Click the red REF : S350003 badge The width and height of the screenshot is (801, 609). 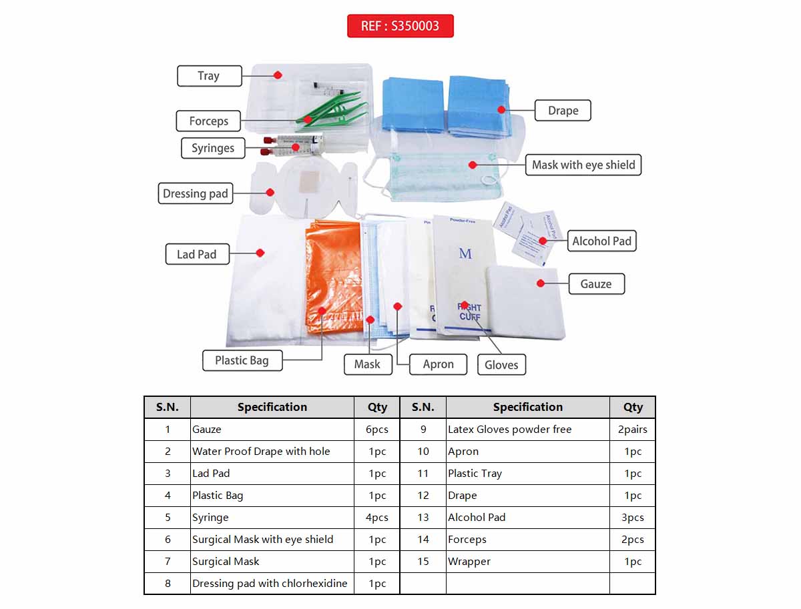tap(400, 26)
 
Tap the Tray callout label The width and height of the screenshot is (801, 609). tap(208, 76)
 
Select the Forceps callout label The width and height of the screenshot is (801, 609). tap(208, 121)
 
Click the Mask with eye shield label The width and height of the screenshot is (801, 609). tap(583, 165)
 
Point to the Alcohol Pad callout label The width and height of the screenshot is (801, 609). tap(601, 241)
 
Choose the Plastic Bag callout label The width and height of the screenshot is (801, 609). tap(242, 361)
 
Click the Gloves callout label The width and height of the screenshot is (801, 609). tap(501, 365)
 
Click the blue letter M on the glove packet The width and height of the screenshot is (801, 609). tap(465, 253)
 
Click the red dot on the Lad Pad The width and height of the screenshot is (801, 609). tap(260, 253)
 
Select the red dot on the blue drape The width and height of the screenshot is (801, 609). tap(501, 109)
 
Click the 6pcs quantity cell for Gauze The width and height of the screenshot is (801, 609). tap(376, 430)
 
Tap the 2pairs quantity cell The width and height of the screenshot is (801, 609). tap(632, 430)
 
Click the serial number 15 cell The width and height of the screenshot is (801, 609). tap(423, 562)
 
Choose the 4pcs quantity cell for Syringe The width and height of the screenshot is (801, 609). tap(376, 518)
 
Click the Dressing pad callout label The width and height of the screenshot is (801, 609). tap(196, 194)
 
